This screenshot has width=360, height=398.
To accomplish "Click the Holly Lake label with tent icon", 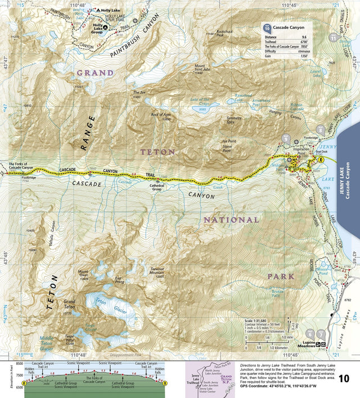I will point(108,10).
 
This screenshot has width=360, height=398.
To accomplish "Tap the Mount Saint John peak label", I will point(202,69).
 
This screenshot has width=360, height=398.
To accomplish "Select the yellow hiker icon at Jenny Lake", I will point(320,159).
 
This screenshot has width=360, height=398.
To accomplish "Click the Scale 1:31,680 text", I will point(256,320).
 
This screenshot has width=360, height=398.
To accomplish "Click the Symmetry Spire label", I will point(233,119).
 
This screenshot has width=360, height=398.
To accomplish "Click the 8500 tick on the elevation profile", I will point(19,368).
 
